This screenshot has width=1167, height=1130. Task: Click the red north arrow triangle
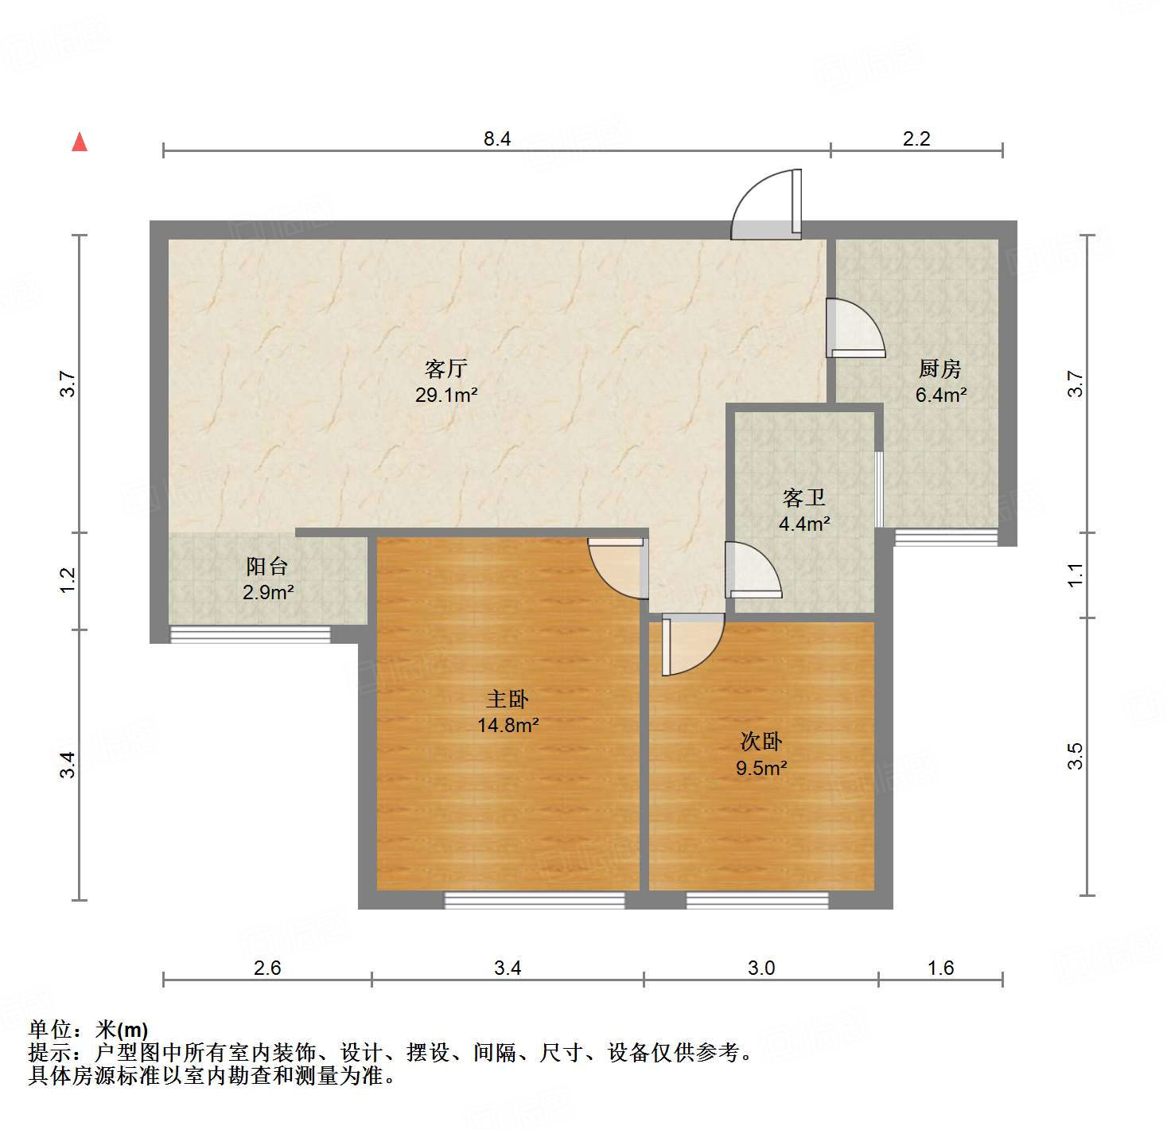(80, 142)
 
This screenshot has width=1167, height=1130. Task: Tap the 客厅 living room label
(445, 368)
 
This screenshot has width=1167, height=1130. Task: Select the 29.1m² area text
(445, 395)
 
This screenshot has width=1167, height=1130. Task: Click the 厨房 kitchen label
(939, 368)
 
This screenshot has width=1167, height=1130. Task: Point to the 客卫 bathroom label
(803, 498)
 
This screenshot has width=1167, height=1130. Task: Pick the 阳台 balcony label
(266, 567)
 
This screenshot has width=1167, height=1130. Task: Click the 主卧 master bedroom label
(508, 699)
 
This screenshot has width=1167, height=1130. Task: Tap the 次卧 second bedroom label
(761, 742)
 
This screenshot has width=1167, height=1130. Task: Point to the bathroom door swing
(751, 570)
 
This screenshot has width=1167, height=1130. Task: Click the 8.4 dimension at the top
(497, 139)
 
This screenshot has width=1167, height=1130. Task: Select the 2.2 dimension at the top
(916, 139)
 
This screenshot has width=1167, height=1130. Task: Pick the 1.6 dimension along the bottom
(940, 968)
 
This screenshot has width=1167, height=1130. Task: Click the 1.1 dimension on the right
(1076, 575)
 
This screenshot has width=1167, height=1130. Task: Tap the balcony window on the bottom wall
(251, 634)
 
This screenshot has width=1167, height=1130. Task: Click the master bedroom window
(535, 900)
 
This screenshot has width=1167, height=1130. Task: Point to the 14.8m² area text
(508, 726)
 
